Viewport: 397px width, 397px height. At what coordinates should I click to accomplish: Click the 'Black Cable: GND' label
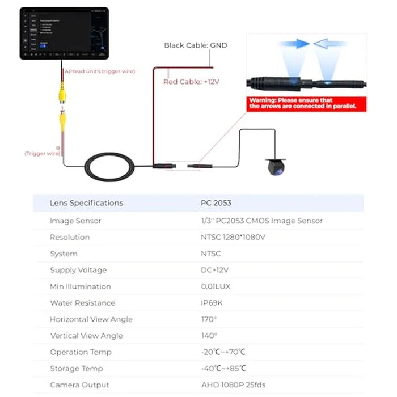196,45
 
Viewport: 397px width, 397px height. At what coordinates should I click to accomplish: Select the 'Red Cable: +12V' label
191,82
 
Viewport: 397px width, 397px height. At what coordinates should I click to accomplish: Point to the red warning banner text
306,103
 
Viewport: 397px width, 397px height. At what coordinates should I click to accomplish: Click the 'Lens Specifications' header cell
86,203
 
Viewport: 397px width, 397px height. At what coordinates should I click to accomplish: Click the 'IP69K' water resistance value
214,303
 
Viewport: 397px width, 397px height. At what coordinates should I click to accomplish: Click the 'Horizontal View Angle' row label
91,319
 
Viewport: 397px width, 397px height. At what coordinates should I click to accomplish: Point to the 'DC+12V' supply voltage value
214,270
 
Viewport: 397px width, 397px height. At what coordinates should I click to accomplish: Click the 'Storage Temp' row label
76,369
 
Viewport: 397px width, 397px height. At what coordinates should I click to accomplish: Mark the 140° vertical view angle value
209,336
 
